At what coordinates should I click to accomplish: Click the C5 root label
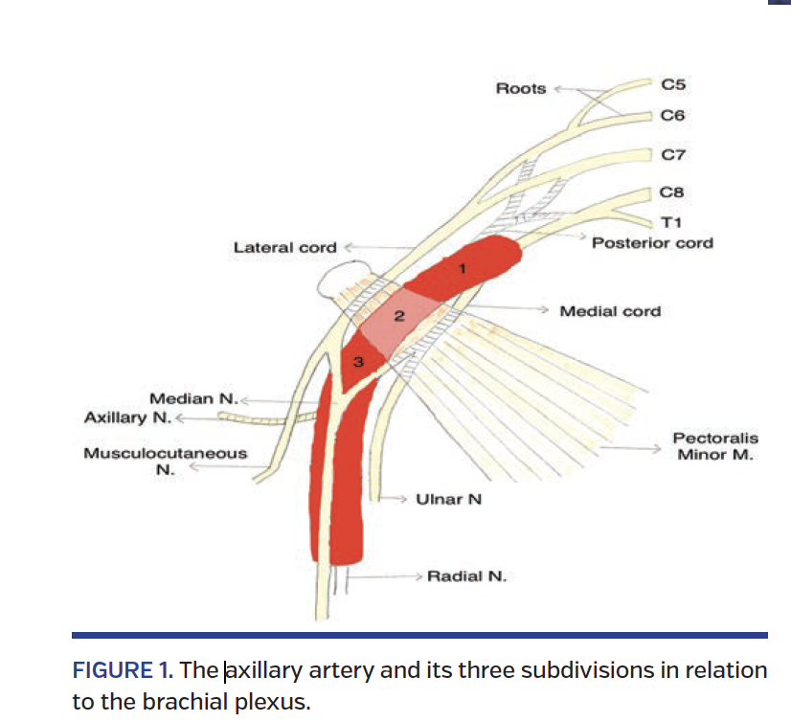click(x=673, y=84)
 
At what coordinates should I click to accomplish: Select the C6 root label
click(x=673, y=115)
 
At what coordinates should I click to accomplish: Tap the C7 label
click(x=673, y=153)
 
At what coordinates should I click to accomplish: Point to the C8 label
click(x=673, y=192)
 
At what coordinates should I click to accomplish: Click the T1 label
click(x=671, y=222)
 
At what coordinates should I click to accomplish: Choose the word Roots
click(x=520, y=89)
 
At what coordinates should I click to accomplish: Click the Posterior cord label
click(x=652, y=243)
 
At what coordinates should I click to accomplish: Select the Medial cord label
click(x=610, y=311)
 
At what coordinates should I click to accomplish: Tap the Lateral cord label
click(x=285, y=248)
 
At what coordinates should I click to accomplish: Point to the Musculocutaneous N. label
click(x=165, y=462)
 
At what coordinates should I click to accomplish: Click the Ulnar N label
click(x=448, y=499)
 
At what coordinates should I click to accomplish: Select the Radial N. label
click(x=466, y=576)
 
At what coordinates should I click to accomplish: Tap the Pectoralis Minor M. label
click(x=715, y=447)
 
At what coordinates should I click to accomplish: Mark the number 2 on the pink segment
click(x=400, y=315)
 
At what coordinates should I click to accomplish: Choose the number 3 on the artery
click(x=358, y=361)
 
